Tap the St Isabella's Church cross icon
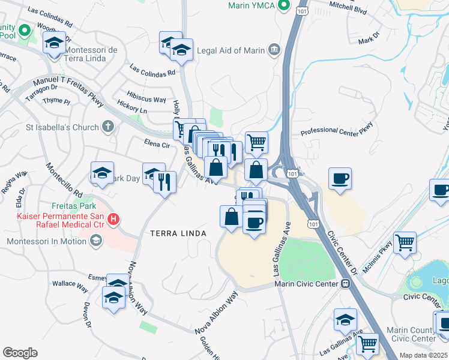coord(107,127)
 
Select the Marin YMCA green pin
coord(285,6)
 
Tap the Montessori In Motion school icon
coord(95,241)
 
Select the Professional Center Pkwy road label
coord(337,128)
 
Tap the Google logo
coord(20,353)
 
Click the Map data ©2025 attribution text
coord(424,355)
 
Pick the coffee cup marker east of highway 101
coord(340,179)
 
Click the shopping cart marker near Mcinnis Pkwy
coord(405,243)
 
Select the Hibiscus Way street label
coord(146,99)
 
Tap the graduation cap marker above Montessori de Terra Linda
coord(55,43)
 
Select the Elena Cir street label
coord(157,144)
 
